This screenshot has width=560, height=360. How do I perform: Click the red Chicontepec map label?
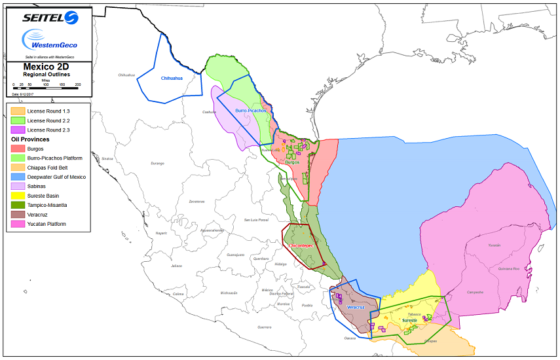[301, 245]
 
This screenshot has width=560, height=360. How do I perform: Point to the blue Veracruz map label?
[356, 307]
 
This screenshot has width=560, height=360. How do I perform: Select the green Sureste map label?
[409, 321]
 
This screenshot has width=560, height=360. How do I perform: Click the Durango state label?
[157, 163]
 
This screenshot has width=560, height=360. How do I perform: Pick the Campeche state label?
[475, 292]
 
